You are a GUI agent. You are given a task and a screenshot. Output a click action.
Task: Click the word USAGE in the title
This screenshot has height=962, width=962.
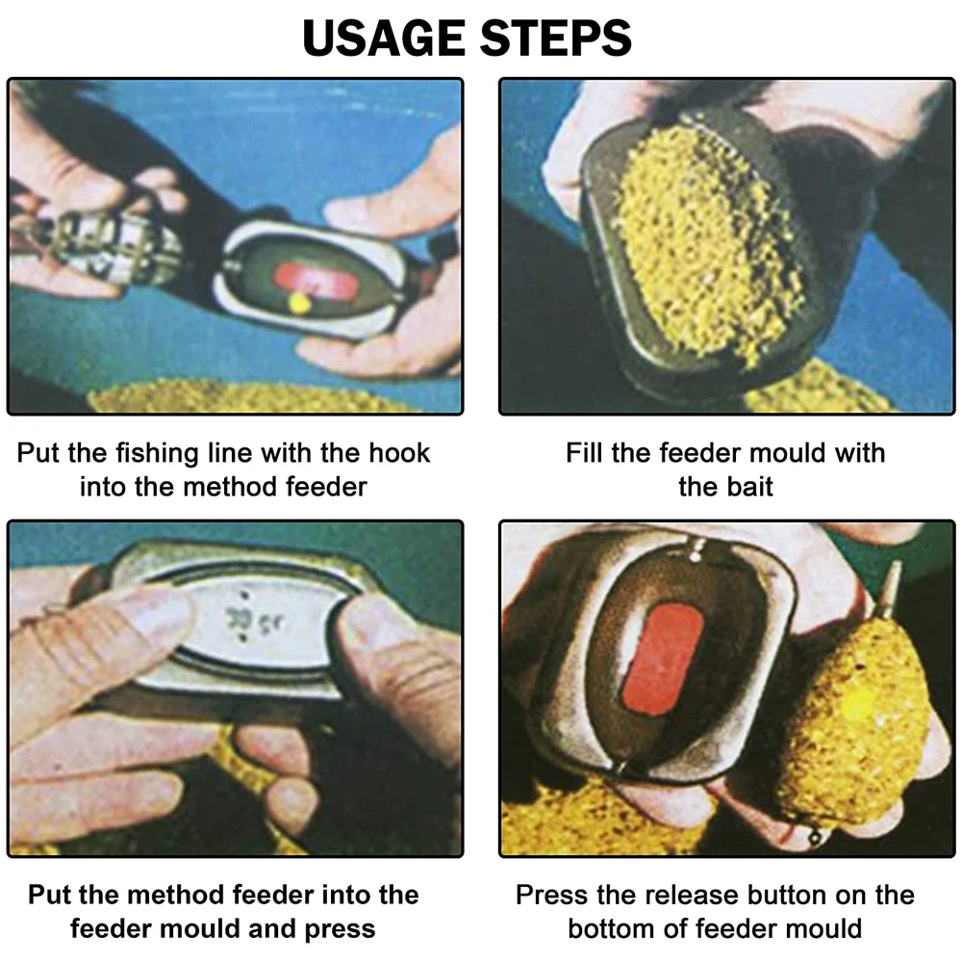coord(384,38)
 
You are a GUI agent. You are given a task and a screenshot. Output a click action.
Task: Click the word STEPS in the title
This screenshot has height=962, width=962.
coord(556,38)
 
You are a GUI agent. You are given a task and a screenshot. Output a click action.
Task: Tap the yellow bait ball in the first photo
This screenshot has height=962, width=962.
coord(299,303)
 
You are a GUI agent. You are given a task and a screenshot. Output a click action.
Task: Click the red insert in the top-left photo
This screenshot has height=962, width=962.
coord(316,280)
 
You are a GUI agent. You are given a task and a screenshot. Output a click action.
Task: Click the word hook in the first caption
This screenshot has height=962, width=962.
coord(399,453)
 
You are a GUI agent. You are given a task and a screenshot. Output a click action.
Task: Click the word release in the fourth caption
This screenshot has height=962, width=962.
coord(661,895)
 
